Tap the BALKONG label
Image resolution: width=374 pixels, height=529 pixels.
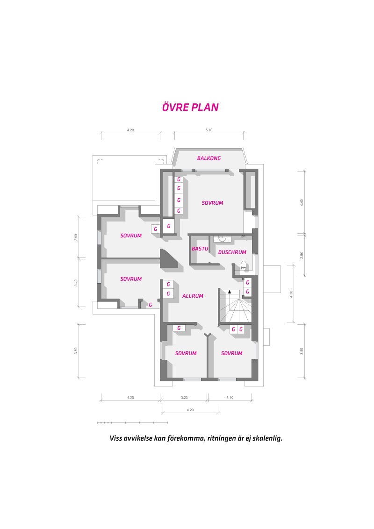209,158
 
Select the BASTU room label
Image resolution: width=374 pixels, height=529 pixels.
200,249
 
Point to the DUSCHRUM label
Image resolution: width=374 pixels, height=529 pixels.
232,252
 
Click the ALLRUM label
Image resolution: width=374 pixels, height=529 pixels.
193,296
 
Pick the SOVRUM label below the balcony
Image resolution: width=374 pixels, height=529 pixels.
212,203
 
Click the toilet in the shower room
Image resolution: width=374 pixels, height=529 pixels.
243,265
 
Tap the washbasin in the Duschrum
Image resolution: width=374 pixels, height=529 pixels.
223,238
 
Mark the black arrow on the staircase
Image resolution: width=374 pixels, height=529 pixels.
230,292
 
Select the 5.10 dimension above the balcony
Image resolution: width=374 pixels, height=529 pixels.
209,130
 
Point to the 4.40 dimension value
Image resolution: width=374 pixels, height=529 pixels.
302,202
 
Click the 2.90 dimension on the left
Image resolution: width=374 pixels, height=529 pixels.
76,237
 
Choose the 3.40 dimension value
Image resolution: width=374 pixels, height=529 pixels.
76,283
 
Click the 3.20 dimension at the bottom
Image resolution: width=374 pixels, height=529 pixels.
184,397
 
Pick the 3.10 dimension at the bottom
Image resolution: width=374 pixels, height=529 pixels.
230,397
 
